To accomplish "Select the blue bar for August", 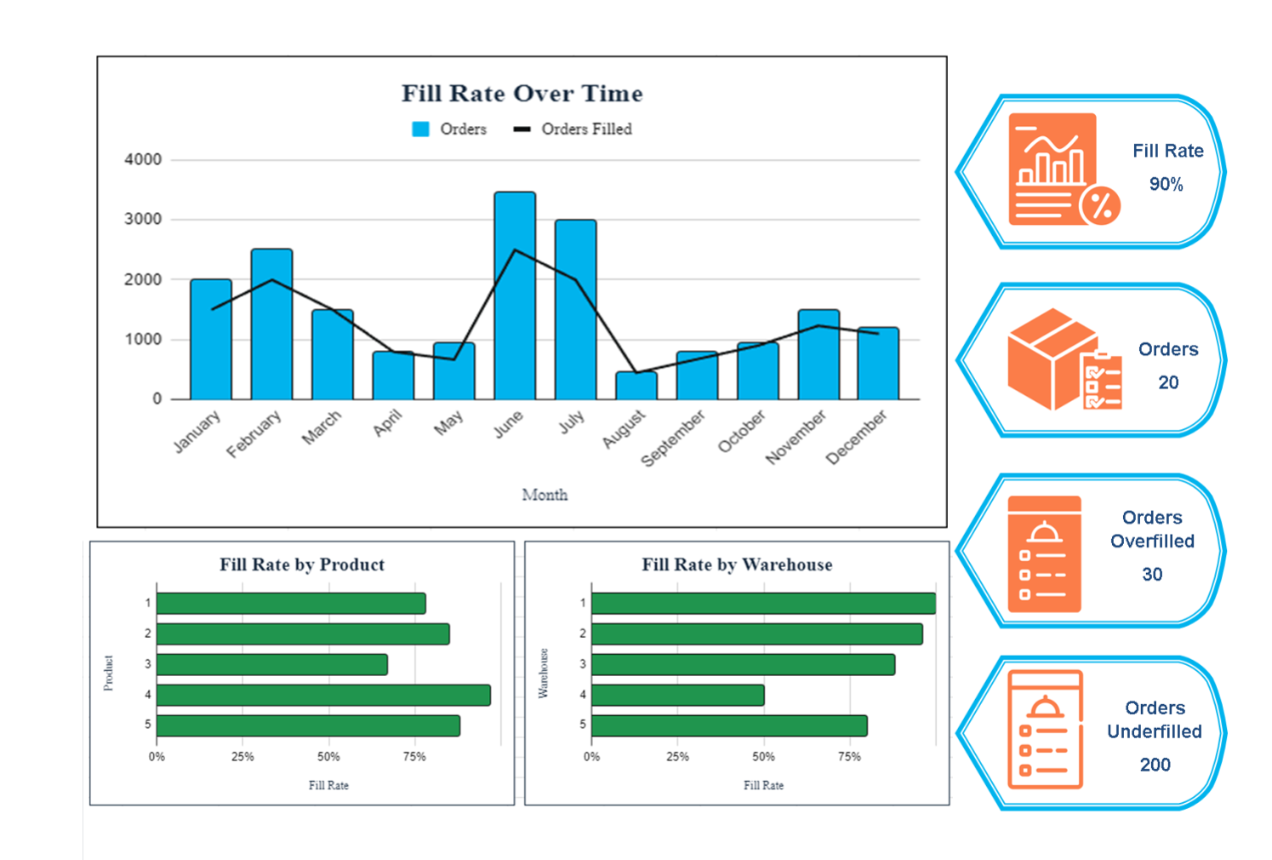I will pyautogui.click(x=636, y=386).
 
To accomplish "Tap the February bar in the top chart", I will pyautogui.click(x=271, y=324).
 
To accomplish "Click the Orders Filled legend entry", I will pyautogui.click(x=585, y=129).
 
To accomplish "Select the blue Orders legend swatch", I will pyautogui.click(x=420, y=129).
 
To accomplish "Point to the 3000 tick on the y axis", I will pyautogui.click(x=143, y=220).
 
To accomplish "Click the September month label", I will pyautogui.click(x=673, y=439).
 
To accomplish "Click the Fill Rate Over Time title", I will pyautogui.click(x=522, y=94).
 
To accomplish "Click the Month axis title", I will pyautogui.click(x=545, y=495).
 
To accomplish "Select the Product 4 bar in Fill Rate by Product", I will pyautogui.click(x=323, y=695).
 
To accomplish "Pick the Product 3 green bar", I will pyautogui.click(x=272, y=664).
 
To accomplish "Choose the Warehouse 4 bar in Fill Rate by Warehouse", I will pyautogui.click(x=677, y=695).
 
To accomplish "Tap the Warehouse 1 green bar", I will pyautogui.click(x=763, y=603).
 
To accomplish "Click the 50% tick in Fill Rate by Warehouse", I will pyautogui.click(x=763, y=757).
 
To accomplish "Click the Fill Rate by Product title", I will pyautogui.click(x=302, y=565).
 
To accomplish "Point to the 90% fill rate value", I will pyautogui.click(x=1166, y=184).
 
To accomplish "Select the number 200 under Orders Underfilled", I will pyautogui.click(x=1155, y=765).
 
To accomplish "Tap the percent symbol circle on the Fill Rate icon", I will pyautogui.click(x=1100, y=205).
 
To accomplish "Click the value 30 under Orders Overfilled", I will pyautogui.click(x=1152, y=574).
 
